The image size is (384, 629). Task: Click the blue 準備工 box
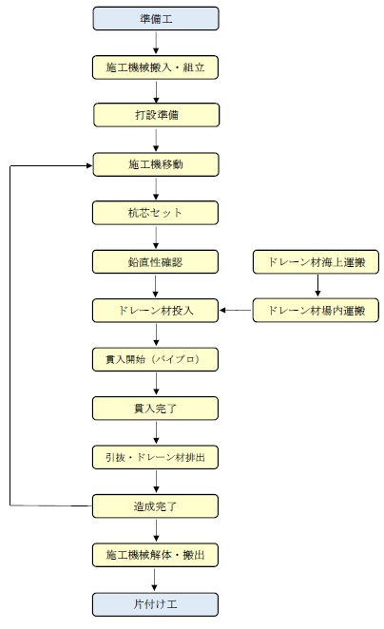[x=156, y=18]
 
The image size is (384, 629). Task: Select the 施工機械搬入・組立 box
[x=155, y=67]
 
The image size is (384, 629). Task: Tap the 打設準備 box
[x=157, y=115]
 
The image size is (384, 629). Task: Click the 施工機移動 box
[x=156, y=164]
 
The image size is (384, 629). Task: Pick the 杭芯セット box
[x=155, y=213]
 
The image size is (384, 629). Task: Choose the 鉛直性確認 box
[x=155, y=262]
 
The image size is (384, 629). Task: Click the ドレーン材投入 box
[x=155, y=311]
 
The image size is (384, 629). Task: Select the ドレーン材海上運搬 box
[x=316, y=262]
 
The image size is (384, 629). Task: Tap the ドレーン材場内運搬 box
[x=316, y=310]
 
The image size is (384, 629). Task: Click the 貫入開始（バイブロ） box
[x=155, y=359]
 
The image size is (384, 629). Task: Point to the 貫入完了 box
[x=155, y=409]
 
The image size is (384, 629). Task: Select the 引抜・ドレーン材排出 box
[x=155, y=457]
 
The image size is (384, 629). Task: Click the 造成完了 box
[x=155, y=506]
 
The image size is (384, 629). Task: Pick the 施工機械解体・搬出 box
[x=155, y=555]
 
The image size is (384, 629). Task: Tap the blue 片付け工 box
[x=155, y=604]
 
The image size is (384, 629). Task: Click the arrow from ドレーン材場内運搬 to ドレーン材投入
[x=236, y=310]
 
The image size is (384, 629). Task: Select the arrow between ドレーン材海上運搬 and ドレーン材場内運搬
[x=317, y=285]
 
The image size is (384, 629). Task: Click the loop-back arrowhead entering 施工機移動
[x=89, y=165]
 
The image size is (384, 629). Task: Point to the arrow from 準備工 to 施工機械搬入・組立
[x=156, y=43]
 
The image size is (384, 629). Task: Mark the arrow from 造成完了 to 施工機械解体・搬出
[x=156, y=531]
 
